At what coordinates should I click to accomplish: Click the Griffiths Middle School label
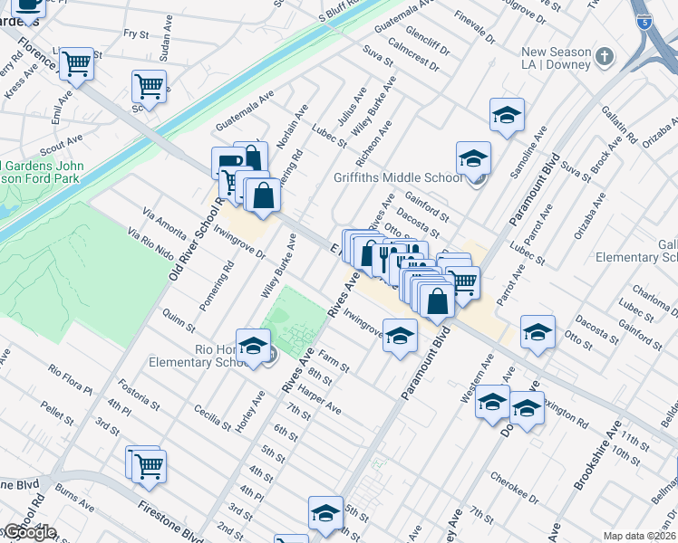click(398, 178)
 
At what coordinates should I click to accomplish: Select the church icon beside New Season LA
click(605, 58)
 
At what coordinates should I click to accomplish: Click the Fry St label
click(135, 33)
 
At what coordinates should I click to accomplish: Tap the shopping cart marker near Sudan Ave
click(149, 87)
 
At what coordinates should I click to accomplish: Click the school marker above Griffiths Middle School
click(508, 115)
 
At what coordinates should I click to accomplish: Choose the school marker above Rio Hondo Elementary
click(255, 345)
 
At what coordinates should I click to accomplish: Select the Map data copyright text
click(640, 536)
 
